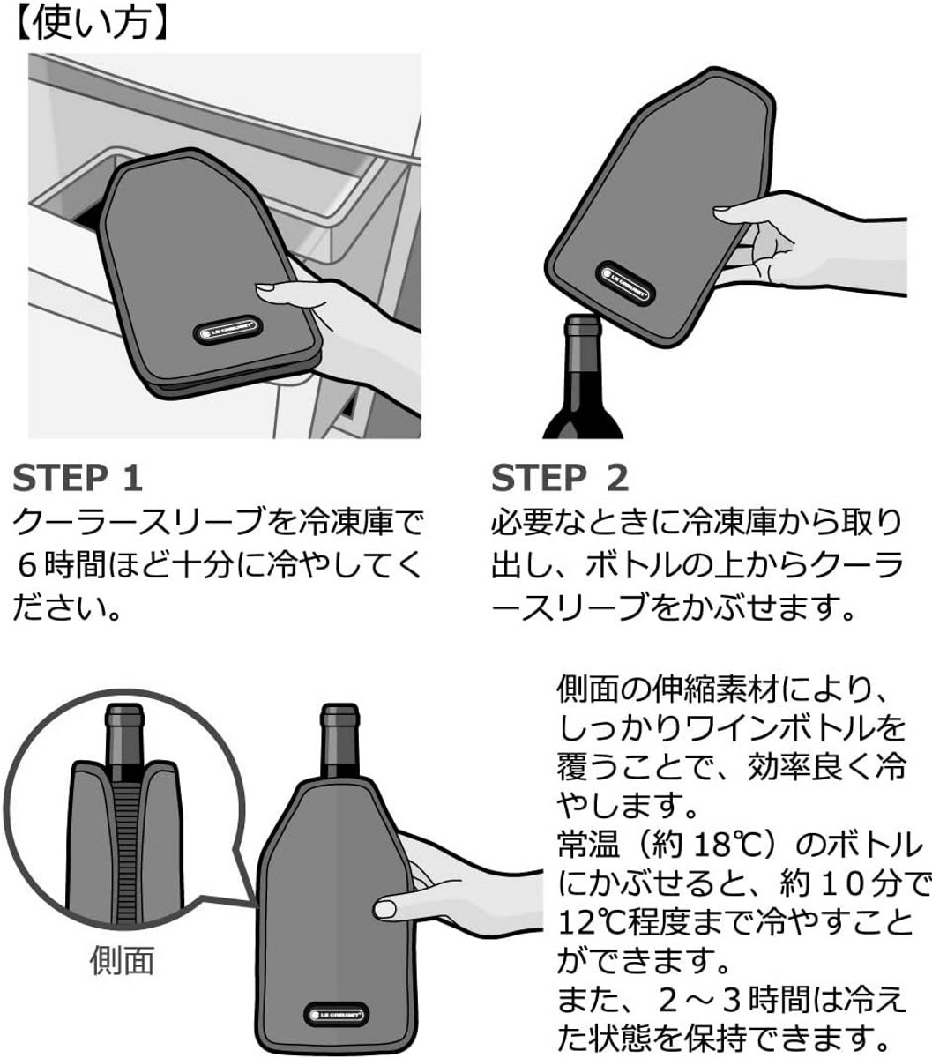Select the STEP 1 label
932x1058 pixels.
[x=78, y=479]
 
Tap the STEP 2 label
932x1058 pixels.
[x=560, y=479]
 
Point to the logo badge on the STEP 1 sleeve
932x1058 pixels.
[x=227, y=330]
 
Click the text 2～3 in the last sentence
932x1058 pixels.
[x=699, y=998]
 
